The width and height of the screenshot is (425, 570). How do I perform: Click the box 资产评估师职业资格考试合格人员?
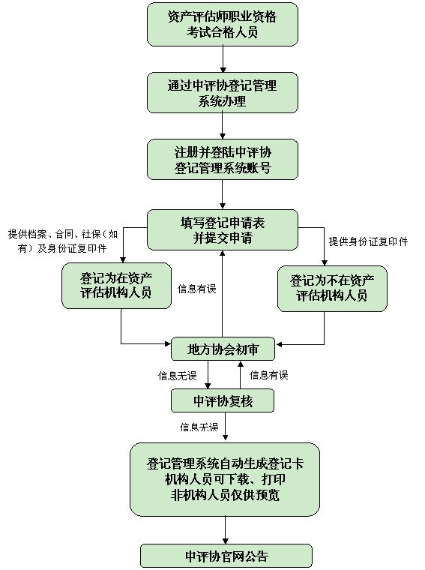coord(223,24)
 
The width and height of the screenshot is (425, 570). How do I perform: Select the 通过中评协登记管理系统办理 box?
coord(223,93)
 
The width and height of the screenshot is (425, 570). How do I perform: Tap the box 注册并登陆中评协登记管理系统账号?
coord(223,160)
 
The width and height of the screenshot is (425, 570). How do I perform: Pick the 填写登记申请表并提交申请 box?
coord(223,229)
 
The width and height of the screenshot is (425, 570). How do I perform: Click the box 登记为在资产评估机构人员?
coord(116,286)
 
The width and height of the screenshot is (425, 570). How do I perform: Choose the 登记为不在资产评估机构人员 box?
coord(332,289)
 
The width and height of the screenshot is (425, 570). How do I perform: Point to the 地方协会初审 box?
coord(223,349)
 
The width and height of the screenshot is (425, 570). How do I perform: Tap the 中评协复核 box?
coord(223,400)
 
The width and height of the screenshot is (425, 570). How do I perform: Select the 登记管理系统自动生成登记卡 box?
coord(225,479)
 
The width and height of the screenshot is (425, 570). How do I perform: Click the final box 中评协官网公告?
coord(226,556)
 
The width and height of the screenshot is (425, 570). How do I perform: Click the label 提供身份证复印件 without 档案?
coord(368,241)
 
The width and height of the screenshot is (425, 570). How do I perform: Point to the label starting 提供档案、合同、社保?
coord(63,241)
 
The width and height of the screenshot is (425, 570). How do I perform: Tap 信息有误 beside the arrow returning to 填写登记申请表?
coord(197,289)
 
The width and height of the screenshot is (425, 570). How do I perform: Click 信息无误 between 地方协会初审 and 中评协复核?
coord(177,376)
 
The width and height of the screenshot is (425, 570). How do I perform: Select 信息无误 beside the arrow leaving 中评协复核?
coord(199,427)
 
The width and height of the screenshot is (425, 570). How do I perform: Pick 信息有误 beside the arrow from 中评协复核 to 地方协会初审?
coord(269,375)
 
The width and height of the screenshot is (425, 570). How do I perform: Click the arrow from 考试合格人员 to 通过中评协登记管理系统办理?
coord(223,59)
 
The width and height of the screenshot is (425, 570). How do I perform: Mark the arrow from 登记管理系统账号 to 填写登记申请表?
coord(223,194)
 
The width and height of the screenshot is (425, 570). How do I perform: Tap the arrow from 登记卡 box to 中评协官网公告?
coord(225,530)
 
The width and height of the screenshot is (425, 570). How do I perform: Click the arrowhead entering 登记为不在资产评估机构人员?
coord(325,262)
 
